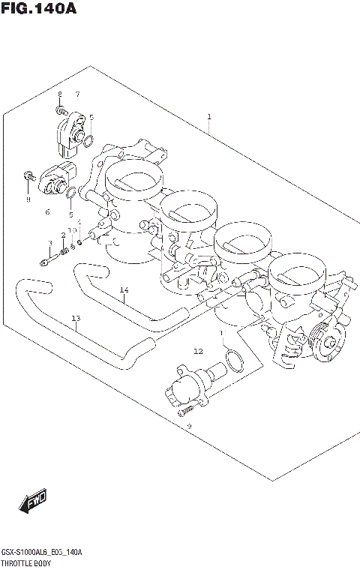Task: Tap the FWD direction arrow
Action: [x=33, y=502]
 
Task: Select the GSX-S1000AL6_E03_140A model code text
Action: [x=41, y=551]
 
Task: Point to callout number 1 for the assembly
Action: [x=208, y=116]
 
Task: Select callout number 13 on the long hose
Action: [x=75, y=319]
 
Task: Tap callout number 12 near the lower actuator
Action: [x=198, y=350]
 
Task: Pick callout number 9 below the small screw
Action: [x=190, y=426]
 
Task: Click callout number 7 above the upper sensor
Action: [x=76, y=94]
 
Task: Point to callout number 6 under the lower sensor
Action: [x=46, y=212]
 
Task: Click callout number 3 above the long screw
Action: [x=49, y=242]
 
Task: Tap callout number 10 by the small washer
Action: [x=73, y=230]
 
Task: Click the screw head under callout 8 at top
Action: [x=60, y=109]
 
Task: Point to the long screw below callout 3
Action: [x=46, y=262]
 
